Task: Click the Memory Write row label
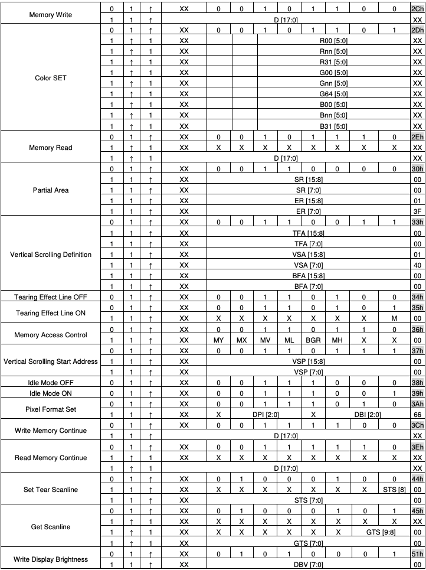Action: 51,14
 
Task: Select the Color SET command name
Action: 51,78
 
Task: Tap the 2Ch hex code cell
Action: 418,9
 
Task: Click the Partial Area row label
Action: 51,190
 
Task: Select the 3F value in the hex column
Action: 418,211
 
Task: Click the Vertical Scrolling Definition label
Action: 51,255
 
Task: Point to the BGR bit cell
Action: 313,340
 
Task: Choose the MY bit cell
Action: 219,340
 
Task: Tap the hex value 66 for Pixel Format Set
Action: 418,415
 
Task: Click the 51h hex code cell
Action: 418,554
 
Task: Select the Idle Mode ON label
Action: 51,393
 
